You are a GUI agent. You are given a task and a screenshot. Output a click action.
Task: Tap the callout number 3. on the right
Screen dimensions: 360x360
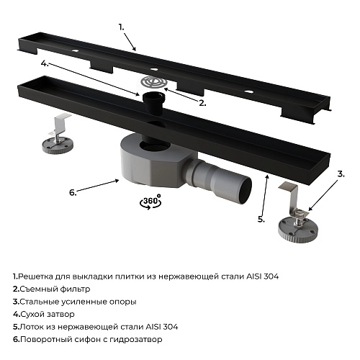pyautogui.click(x=341, y=174)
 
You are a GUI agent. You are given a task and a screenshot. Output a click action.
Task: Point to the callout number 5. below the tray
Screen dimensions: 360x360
pyautogui.click(x=261, y=218)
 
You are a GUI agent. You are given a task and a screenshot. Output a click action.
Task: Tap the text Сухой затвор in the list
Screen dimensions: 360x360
pyautogui.click(x=48, y=315)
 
